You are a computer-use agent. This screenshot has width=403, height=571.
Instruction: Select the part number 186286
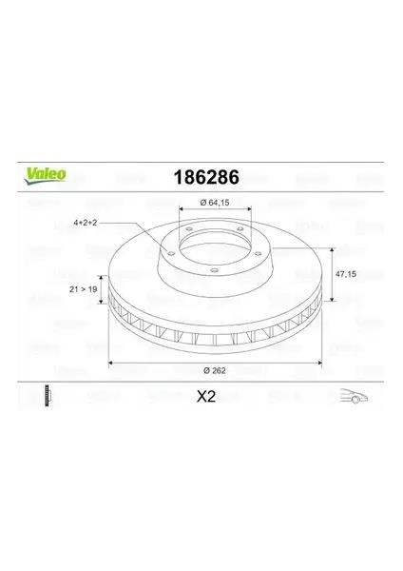pos(202,177)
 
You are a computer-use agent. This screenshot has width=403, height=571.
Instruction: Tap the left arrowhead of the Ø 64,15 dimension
pos(180,209)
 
